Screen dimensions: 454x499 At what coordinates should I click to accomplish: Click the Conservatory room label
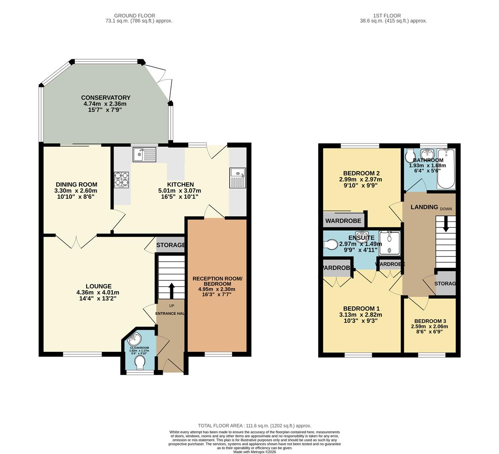click(106, 98)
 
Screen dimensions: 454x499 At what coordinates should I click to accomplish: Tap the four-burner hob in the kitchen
click(121, 180)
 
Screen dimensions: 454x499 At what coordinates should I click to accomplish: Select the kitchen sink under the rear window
click(144, 155)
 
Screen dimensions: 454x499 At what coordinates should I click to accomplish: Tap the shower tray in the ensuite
click(389, 243)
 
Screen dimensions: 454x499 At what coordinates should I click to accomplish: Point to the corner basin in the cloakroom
click(135, 339)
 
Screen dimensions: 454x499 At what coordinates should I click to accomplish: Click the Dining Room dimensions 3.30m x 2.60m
click(76, 190)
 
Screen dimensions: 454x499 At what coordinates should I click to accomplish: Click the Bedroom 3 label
click(430, 321)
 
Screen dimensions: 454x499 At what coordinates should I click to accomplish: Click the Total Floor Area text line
click(255, 426)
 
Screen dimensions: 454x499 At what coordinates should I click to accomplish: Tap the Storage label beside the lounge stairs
click(171, 245)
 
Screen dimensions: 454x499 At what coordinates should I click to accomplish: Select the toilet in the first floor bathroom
click(410, 157)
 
